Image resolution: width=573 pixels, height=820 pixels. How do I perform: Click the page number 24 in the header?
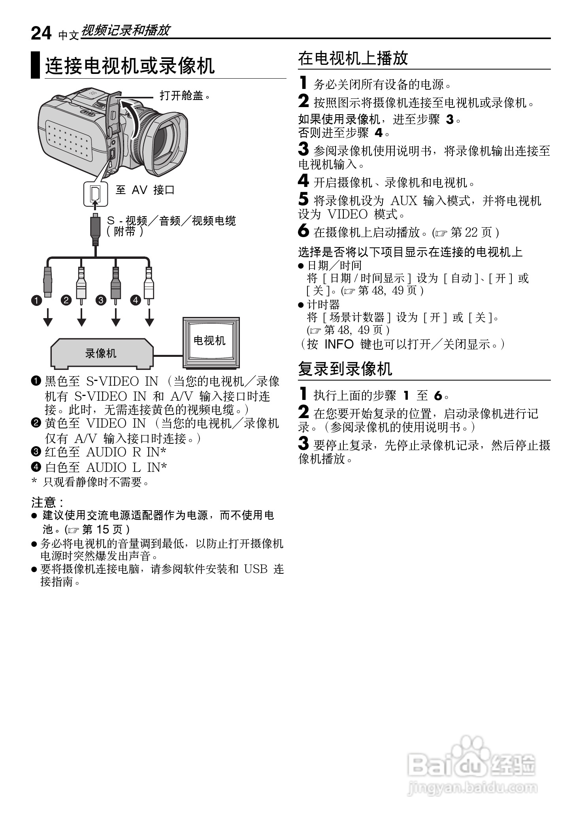coord(41,33)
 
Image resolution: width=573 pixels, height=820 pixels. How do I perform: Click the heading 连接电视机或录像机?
coord(130,66)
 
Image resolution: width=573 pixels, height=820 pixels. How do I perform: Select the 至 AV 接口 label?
coord(145,190)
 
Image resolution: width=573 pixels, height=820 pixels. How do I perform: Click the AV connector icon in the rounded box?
coord(95,194)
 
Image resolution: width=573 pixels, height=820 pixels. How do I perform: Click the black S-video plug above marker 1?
coord(47,282)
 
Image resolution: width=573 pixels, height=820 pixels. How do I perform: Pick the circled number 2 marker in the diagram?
coord(66,300)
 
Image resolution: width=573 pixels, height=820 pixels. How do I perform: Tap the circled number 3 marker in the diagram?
coord(101,300)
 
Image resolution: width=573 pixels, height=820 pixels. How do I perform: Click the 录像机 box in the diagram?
coord(101,353)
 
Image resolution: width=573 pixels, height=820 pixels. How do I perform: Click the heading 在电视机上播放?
coord(353,58)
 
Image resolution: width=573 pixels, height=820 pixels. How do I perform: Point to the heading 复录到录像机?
coord(345,369)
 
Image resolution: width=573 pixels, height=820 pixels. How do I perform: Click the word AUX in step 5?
coord(404,201)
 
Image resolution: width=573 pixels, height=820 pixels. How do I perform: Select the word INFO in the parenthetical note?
coord(339,344)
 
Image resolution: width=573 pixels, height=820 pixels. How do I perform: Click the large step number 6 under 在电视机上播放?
coord(303,231)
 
